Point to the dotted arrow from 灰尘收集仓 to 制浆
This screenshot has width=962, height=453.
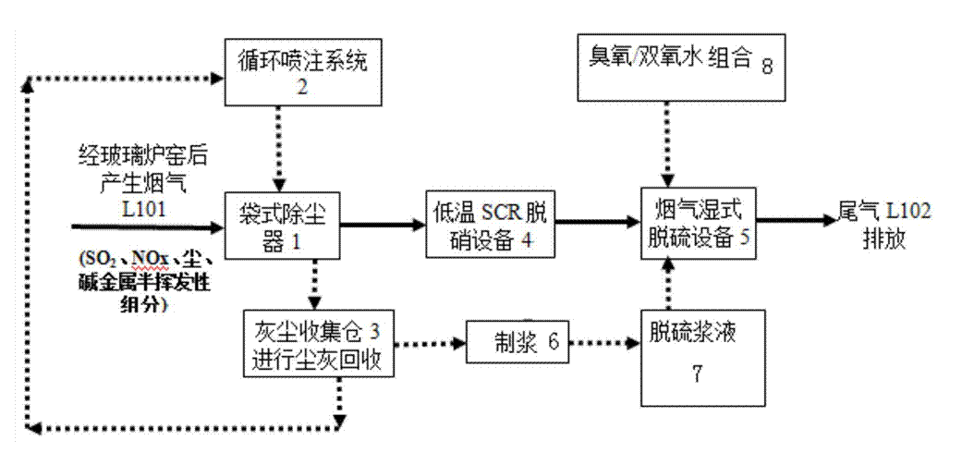click(430, 342)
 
